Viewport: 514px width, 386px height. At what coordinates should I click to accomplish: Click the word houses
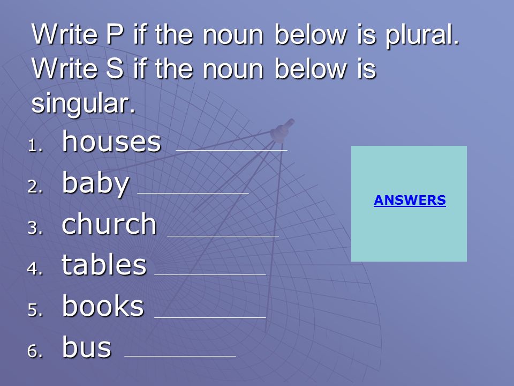click(x=111, y=142)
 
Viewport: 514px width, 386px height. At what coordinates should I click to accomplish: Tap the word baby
click(x=95, y=184)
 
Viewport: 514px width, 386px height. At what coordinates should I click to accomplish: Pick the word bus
click(x=87, y=347)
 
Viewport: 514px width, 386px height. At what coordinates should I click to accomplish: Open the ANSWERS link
click(x=410, y=200)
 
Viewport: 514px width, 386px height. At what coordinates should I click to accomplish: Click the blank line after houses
click(x=232, y=150)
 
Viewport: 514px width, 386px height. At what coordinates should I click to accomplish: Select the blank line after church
click(x=223, y=236)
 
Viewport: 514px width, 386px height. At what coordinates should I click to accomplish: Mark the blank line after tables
click(x=210, y=274)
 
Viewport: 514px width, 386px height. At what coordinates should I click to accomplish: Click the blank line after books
click(x=210, y=317)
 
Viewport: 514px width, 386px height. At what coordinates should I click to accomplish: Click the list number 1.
click(x=35, y=146)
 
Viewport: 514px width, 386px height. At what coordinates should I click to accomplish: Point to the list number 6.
click(x=35, y=351)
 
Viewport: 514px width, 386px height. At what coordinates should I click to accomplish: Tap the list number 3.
click(x=35, y=228)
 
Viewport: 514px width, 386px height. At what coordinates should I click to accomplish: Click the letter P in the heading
click(x=115, y=34)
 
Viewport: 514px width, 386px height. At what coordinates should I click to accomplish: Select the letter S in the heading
click(x=115, y=69)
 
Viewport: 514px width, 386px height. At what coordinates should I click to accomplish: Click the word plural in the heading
click(x=422, y=36)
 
